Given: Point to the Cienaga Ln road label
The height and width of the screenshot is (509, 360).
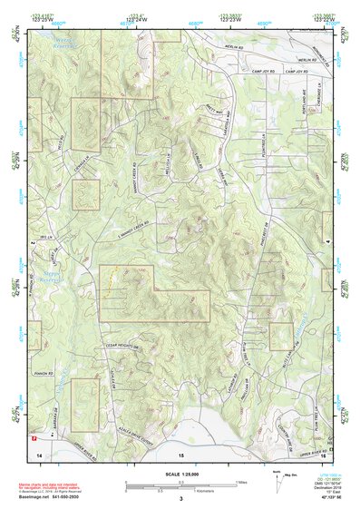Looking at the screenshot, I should pyautogui.click(x=86, y=161).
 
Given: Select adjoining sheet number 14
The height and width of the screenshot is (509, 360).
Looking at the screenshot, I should pyautogui.click(x=38, y=451).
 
